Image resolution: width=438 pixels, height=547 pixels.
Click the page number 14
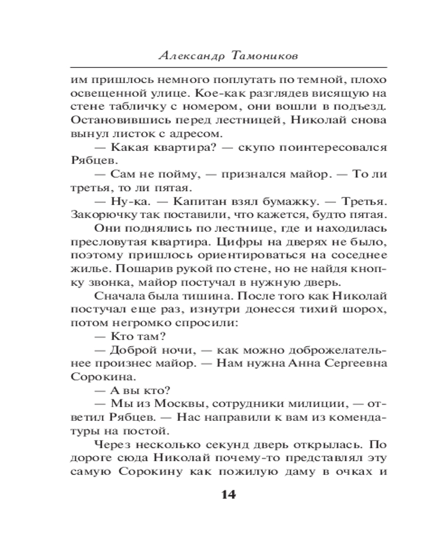coord(228,495)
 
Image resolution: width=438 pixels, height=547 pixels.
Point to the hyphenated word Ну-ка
coord(128,197)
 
